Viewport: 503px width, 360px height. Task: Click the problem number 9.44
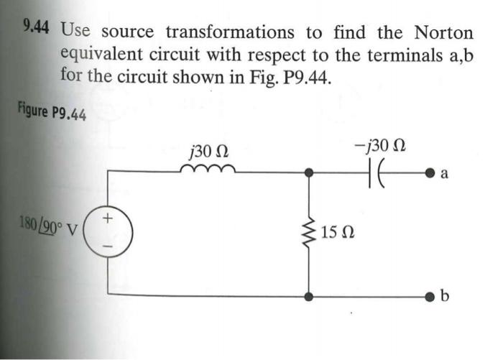click(36, 29)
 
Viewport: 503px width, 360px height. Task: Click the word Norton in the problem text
click(443, 32)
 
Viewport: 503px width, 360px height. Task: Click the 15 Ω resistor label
click(337, 234)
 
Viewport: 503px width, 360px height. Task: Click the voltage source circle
click(109, 231)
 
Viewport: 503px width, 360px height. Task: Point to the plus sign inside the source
click(109, 216)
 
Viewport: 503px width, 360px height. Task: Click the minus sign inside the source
click(109, 246)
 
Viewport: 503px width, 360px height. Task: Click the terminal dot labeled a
click(428, 173)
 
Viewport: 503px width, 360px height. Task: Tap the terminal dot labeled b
click(428, 295)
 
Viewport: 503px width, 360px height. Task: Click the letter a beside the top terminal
click(444, 173)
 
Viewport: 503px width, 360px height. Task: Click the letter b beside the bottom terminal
click(446, 297)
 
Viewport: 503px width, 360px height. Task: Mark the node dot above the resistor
click(310, 173)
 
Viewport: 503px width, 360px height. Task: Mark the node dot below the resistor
click(310, 295)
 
